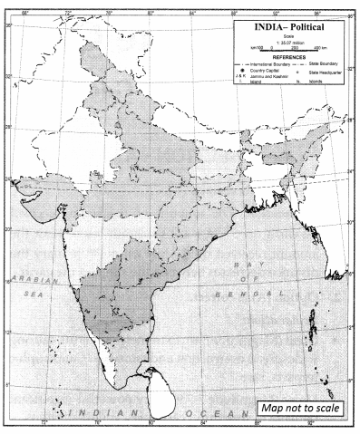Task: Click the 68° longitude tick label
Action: [x=24, y=13]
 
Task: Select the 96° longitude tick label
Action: [x=317, y=13]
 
